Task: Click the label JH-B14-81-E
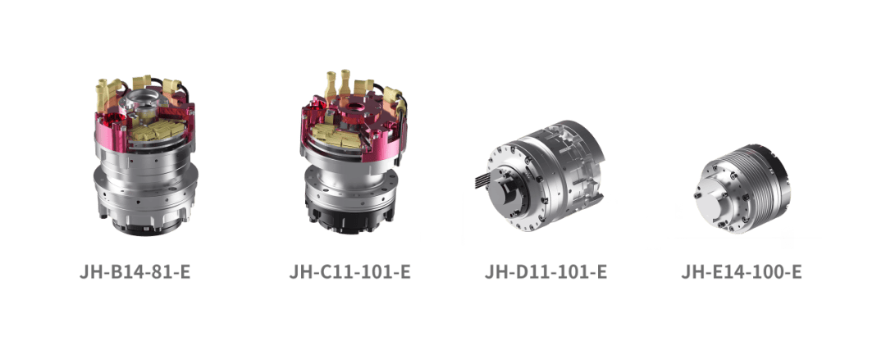135,271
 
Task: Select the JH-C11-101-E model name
349,271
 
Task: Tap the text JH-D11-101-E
546,271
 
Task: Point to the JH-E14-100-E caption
742,271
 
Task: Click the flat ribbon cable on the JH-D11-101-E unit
484,181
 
